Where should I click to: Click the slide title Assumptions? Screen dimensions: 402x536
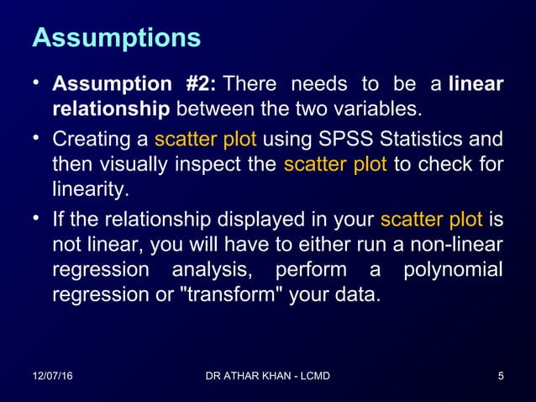click(116, 38)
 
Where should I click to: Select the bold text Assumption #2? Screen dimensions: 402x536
click(134, 85)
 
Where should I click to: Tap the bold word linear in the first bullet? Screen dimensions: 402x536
click(476, 85)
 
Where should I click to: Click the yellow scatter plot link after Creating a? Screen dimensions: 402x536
click(206, 139)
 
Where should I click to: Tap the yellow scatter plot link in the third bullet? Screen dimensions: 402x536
click(431, 220)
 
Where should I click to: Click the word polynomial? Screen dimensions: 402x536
click(453, 272)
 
